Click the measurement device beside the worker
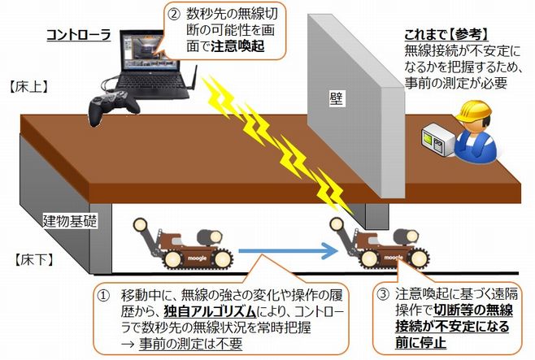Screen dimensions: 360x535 (x=436, y=141)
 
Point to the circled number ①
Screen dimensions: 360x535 (x=104, y=292)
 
